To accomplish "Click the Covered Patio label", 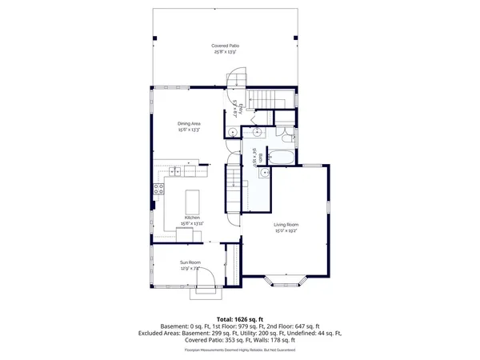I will pos(225,46).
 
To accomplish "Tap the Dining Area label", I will pos(189,122).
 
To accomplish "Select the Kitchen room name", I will pos(192,218).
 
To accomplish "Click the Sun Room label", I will pos(190,262).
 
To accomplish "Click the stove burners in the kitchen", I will pos(158,190).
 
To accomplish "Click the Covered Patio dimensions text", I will pos(225,51).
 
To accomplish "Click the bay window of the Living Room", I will pos(286,281).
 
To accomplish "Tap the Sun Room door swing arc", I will pos(205,276).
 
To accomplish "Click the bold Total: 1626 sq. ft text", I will pos(240,319).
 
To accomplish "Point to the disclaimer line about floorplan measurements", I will pos(240,350).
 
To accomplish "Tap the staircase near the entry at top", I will pos(259,101).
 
